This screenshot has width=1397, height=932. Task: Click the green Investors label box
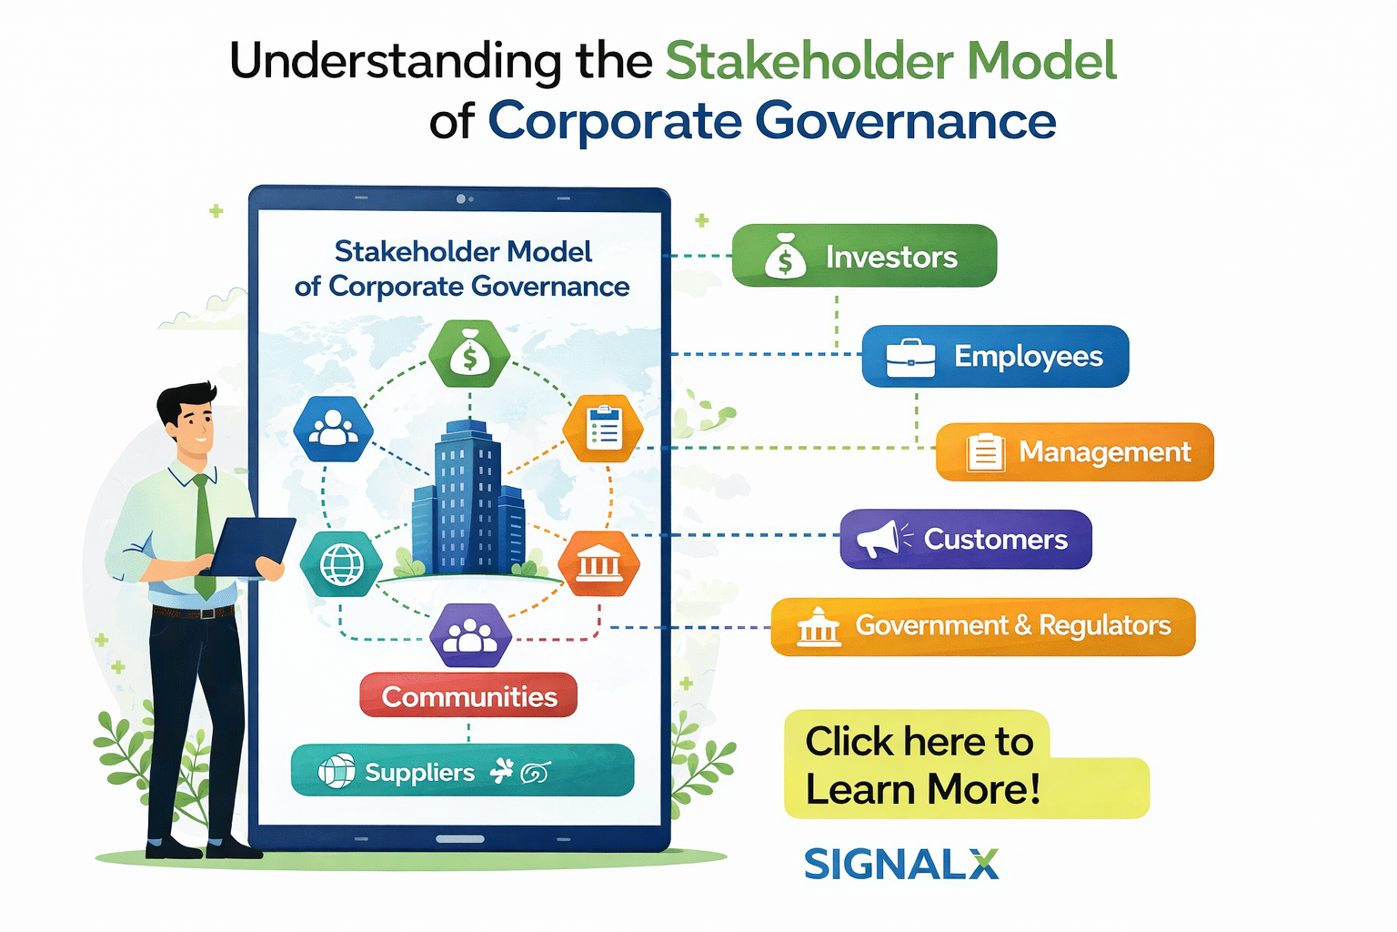click(864, 256)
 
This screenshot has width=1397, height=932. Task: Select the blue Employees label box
click(995, 356)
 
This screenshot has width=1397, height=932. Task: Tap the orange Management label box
click(1074, 451)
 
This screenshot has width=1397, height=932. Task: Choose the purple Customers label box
click(965, 539)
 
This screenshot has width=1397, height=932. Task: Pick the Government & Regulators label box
click(982, 626)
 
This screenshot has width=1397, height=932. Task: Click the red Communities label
click(468, 696)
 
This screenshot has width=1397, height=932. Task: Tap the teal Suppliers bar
click(462, 771)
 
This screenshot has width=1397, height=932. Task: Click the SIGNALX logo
click(900, 864)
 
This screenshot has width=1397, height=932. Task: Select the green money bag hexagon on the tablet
click(469, 355)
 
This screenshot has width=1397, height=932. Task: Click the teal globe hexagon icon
click(341, 564)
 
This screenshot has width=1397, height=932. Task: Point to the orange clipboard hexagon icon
click(603, 428)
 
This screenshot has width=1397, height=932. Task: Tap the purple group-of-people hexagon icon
click(469, 634)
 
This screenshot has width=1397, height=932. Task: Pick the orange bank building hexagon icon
click(598, 564)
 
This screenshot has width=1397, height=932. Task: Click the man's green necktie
click(204, 537)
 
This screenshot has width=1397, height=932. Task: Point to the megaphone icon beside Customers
click(877, 539)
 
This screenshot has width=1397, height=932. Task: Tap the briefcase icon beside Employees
click(910, 357)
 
